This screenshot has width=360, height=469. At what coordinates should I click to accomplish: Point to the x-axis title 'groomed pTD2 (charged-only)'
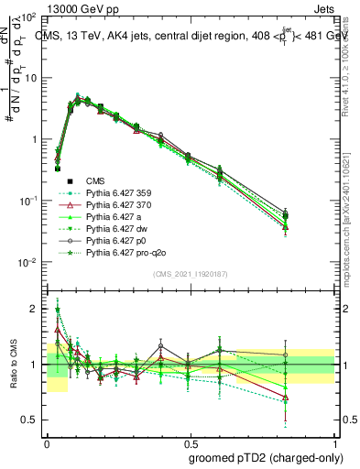261,459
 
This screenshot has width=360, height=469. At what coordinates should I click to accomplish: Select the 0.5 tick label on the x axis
190,442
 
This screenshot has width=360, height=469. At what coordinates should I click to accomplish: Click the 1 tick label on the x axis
334,442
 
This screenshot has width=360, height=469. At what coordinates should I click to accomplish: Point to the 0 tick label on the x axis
47,442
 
